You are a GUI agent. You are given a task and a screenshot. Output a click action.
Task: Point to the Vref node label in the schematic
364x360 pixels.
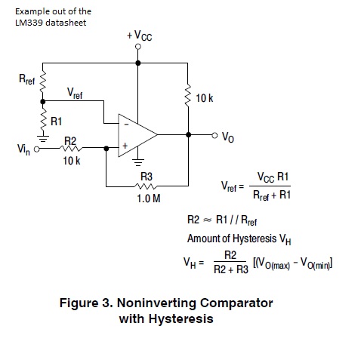point(75,94)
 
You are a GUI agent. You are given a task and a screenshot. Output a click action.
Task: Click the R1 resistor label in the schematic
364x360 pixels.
point(57,120)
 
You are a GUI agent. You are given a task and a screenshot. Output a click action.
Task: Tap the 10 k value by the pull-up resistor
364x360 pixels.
point(205,99)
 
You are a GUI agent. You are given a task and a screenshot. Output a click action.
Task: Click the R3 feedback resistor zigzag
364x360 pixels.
point(147,185)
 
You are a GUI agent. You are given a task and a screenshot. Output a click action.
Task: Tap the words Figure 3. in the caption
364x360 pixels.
point(85,303)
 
